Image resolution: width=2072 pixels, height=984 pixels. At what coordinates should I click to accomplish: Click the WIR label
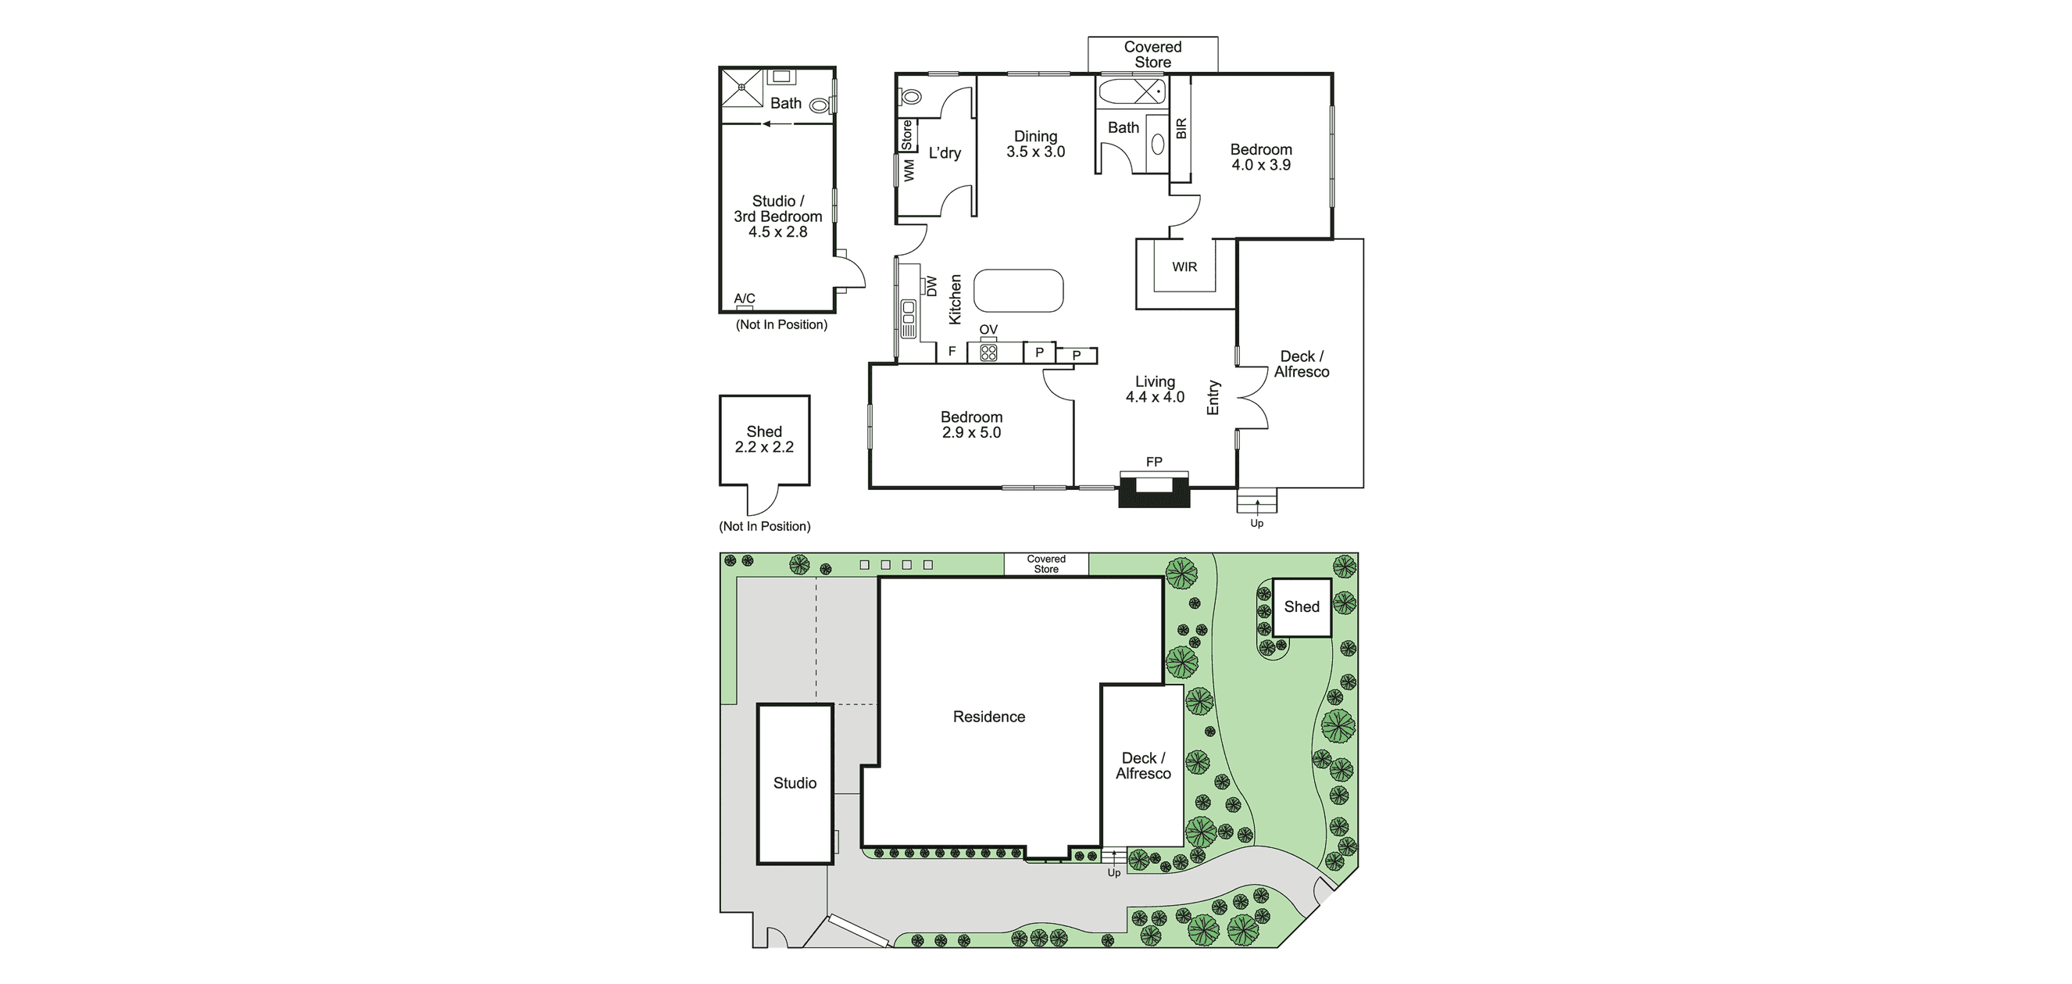point(1184,267)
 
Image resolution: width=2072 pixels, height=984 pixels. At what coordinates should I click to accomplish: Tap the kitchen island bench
point(1018,291)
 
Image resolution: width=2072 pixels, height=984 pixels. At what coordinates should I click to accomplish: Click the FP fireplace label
point(1153,462)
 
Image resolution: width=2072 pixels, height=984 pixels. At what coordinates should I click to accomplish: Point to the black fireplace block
point(1154,492)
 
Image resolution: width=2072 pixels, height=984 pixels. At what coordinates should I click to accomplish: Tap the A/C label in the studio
point(744,299)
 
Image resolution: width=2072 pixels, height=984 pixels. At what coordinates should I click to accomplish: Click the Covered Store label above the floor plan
point(1152,55)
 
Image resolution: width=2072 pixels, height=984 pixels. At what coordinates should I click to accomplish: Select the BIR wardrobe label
point(1181,128)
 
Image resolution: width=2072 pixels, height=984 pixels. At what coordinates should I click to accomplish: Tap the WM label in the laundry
point(909,170)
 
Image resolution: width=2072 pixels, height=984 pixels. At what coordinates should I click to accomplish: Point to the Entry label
point(1213,398)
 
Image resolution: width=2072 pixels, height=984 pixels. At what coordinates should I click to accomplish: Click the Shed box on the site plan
point(1302,607)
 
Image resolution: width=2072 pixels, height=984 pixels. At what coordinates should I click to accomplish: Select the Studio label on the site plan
point(795,783)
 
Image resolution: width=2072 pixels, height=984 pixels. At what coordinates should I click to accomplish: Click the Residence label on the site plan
point(988,717)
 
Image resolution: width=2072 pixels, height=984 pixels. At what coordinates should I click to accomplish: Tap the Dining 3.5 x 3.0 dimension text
point(1035,152)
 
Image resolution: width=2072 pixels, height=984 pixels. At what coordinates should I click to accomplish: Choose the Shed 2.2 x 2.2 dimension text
point(764,446)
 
